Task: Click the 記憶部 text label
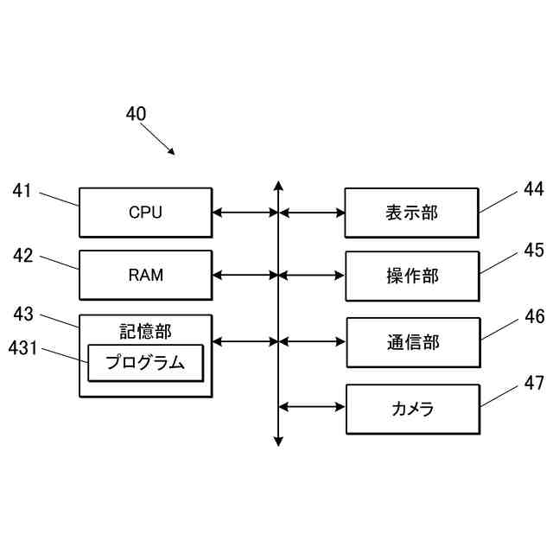click(146, 332)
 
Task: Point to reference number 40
click(136, 114)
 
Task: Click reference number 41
click(22, 190)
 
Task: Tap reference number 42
click(23, 255)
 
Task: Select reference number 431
click(23, 347)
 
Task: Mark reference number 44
click(534, 189)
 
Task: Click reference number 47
click(534, 383)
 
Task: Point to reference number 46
click(535, 316)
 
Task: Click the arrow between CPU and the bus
click(245, 213)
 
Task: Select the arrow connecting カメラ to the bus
click(312, 407)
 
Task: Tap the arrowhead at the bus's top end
click(278, 185)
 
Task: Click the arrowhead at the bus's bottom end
click(278, 442)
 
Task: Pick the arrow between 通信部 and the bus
click(312, 341)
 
